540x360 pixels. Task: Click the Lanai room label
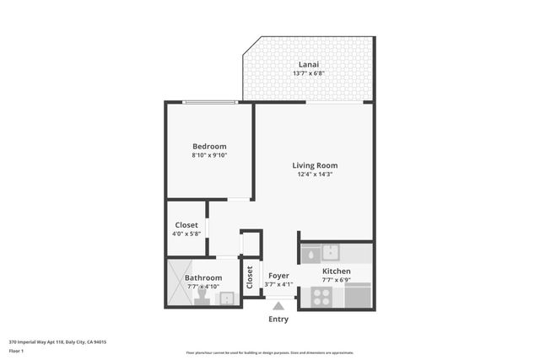[x=309, y=64]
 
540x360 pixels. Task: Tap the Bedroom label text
[x=210, y=146]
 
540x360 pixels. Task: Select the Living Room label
[x=315, y=165]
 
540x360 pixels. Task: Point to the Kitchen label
[x=336, y=271]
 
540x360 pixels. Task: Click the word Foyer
[x=278, y=276]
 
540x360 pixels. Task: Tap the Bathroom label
[x=203, y=278]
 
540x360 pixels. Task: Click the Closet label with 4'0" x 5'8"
[x=186, y=225]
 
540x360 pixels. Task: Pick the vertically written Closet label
[x=251, y=277]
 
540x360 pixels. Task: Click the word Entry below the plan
[x=278, y=320]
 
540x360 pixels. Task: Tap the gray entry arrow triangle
[x=278, y=307]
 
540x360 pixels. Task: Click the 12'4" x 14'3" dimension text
[x=315, y=175]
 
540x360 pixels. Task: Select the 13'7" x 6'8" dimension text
[x=309, y=73]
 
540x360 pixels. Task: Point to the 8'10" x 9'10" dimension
[x=210, y=155]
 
